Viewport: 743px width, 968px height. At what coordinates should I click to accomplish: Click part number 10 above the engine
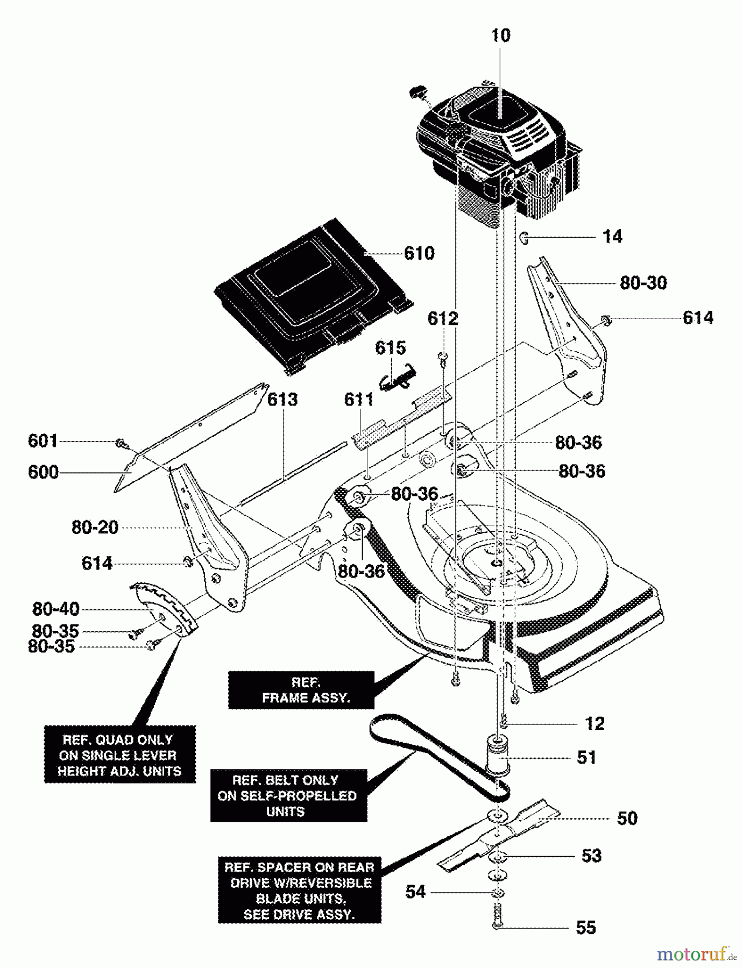(500, 35)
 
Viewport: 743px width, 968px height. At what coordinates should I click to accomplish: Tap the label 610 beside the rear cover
(419, 253)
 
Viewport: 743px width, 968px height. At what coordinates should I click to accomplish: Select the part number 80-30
(643, 283)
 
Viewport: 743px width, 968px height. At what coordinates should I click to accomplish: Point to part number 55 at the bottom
(586, 927)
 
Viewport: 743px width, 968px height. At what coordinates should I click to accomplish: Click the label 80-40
(56, 609)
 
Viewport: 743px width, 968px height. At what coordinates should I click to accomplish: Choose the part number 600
(43, 472)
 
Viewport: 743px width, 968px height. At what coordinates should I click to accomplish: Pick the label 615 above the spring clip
(391, 347)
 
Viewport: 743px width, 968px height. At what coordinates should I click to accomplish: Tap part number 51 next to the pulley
(586, 757)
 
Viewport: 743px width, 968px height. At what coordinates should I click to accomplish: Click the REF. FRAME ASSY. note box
(301, 690)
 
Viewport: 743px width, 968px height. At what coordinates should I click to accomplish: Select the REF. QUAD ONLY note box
(119, 755)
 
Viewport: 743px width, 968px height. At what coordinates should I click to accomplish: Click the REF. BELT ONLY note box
(289, 795)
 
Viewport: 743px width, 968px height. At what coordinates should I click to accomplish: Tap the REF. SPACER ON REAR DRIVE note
(300, 890)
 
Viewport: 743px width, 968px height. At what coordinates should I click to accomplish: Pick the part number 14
(612, 237)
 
